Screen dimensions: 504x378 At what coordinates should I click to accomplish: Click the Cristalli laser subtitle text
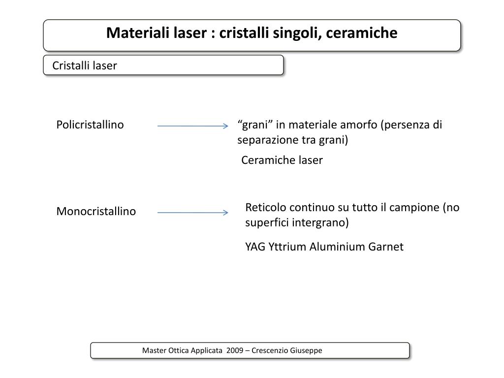(85, 65)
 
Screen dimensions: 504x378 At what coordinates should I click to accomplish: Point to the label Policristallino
(90, 125)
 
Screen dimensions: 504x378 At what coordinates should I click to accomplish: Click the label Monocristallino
(96, 211)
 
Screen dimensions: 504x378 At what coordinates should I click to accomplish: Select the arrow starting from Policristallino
(192, 126)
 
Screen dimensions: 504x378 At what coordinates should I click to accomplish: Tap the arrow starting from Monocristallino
(192, 213)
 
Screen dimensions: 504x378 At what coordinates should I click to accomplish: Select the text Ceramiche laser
(282, 160)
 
